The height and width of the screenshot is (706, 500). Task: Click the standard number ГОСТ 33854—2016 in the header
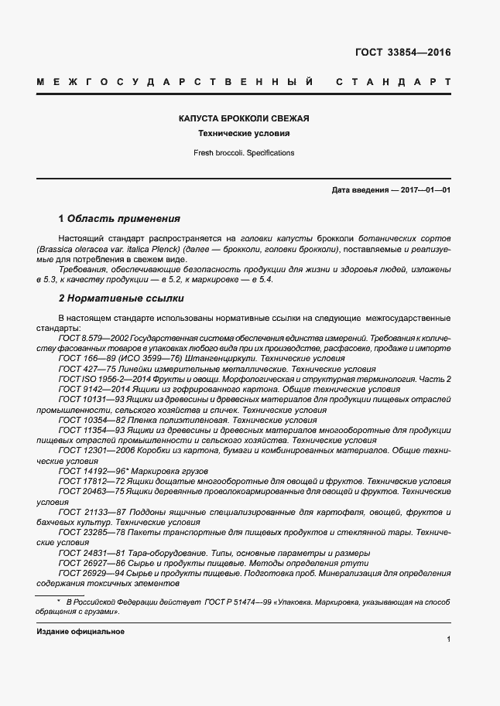tap(402, 53)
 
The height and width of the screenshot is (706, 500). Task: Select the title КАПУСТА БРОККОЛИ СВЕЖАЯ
tap(244, 118)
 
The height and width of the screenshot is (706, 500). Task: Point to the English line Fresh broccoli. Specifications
tap(244, 153)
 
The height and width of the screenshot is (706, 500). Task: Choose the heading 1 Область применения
tap(119, 219)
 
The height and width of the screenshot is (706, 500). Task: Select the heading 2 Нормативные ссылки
tap(121, 298)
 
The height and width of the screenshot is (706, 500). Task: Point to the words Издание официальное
tap(80, 632)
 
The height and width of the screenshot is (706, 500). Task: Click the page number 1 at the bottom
tap(449, 640)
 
